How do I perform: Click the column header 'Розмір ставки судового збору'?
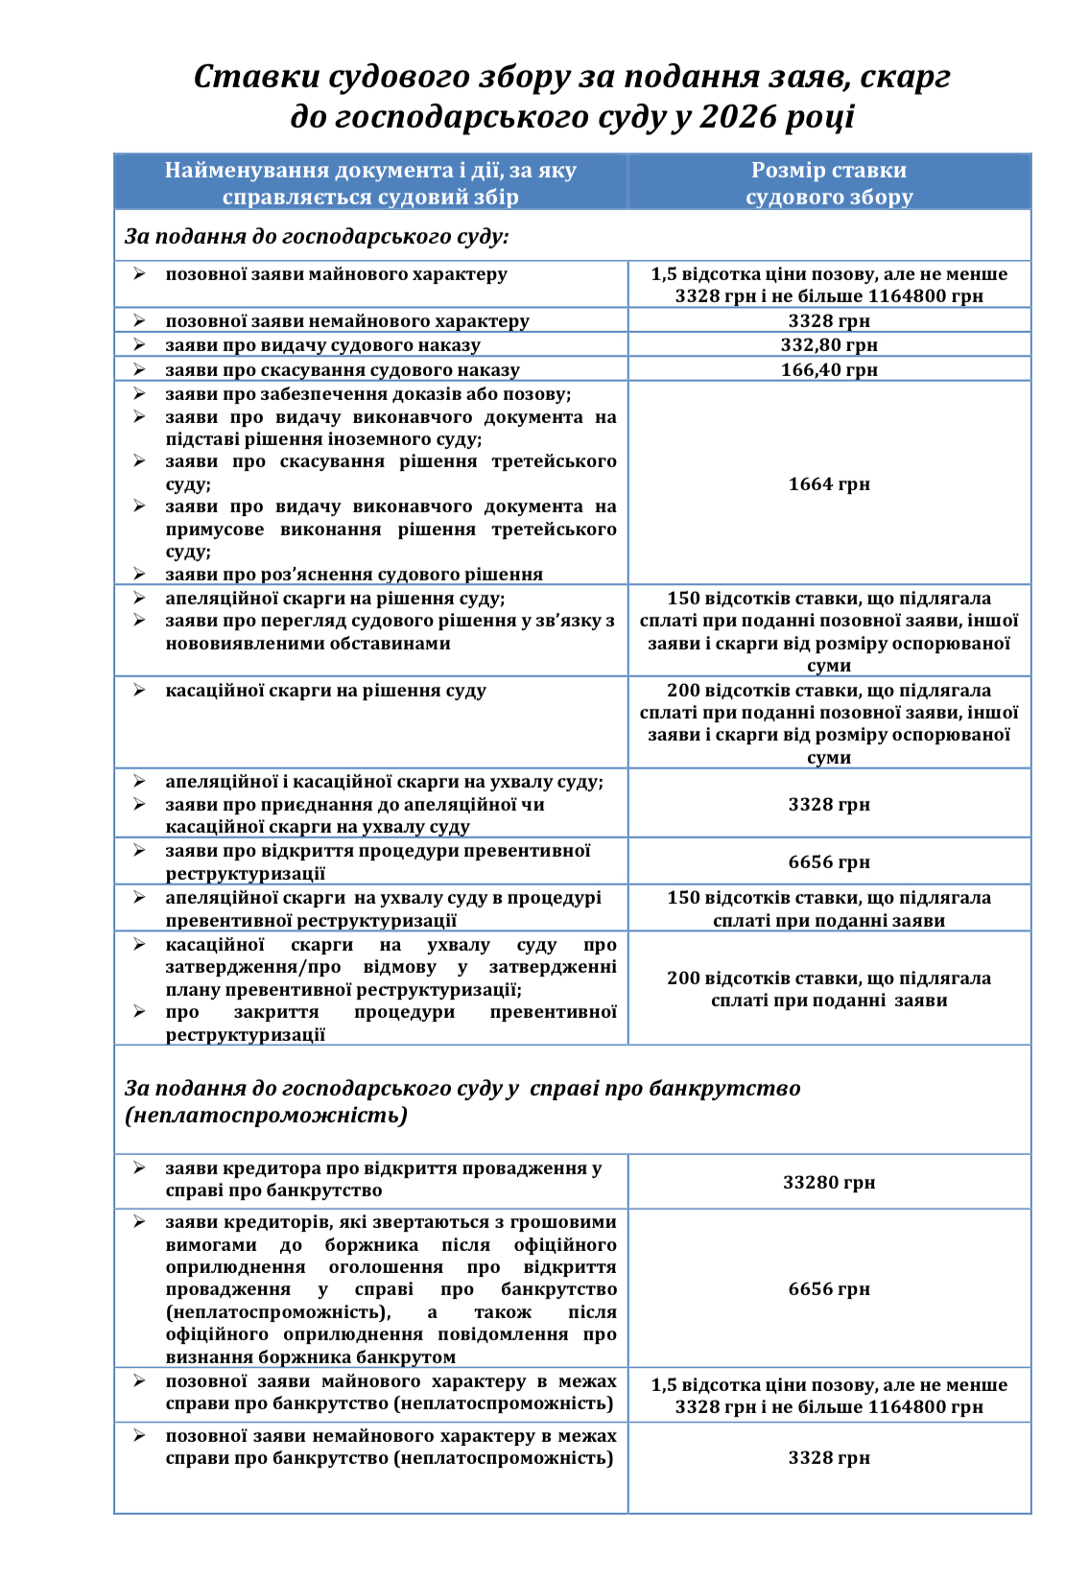click(829, 183)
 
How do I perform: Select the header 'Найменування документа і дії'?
click(370, 171)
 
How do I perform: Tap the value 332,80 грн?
click(829, 345)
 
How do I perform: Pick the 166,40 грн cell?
click(829, 370)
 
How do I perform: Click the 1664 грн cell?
click(829, 484)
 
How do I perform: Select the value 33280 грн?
click(829, 1183)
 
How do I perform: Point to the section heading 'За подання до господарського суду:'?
click(317, 236)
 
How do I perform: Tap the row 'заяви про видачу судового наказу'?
click(322, 345)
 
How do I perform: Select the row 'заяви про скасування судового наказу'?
click(342, 370)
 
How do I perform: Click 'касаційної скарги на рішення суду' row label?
click(325, 691)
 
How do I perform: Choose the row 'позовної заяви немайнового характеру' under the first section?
click(346, 321)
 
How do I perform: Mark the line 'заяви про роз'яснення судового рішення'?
click(353, 575)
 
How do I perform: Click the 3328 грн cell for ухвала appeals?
click(829, 805)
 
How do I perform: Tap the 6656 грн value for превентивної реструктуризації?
click(829, 862)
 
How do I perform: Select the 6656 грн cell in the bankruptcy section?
click(829, 1289)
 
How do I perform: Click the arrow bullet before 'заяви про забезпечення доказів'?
click(139, 394)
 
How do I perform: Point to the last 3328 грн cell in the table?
click(829, 1458)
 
